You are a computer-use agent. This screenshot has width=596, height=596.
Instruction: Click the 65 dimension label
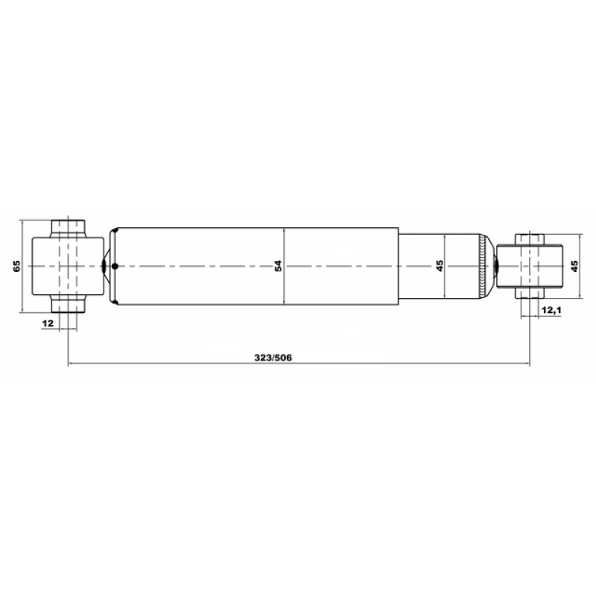pos(16,266)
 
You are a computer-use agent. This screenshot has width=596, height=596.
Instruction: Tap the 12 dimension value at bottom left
pos(48,323)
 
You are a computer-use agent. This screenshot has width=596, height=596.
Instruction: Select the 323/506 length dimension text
pos(273,358)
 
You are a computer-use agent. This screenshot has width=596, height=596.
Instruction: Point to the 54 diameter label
pos(278,266)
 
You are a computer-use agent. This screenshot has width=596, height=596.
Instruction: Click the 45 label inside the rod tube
pos(440,266)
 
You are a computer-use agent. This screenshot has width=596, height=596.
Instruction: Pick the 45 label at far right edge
pos(574,266)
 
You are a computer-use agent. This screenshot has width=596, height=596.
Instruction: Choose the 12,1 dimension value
pos(551,310)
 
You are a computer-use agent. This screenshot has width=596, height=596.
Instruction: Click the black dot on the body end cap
pos(115,266)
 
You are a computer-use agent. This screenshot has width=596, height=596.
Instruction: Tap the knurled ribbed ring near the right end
pos(482,266)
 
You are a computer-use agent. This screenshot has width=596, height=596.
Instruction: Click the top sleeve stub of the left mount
pos(68,229)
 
